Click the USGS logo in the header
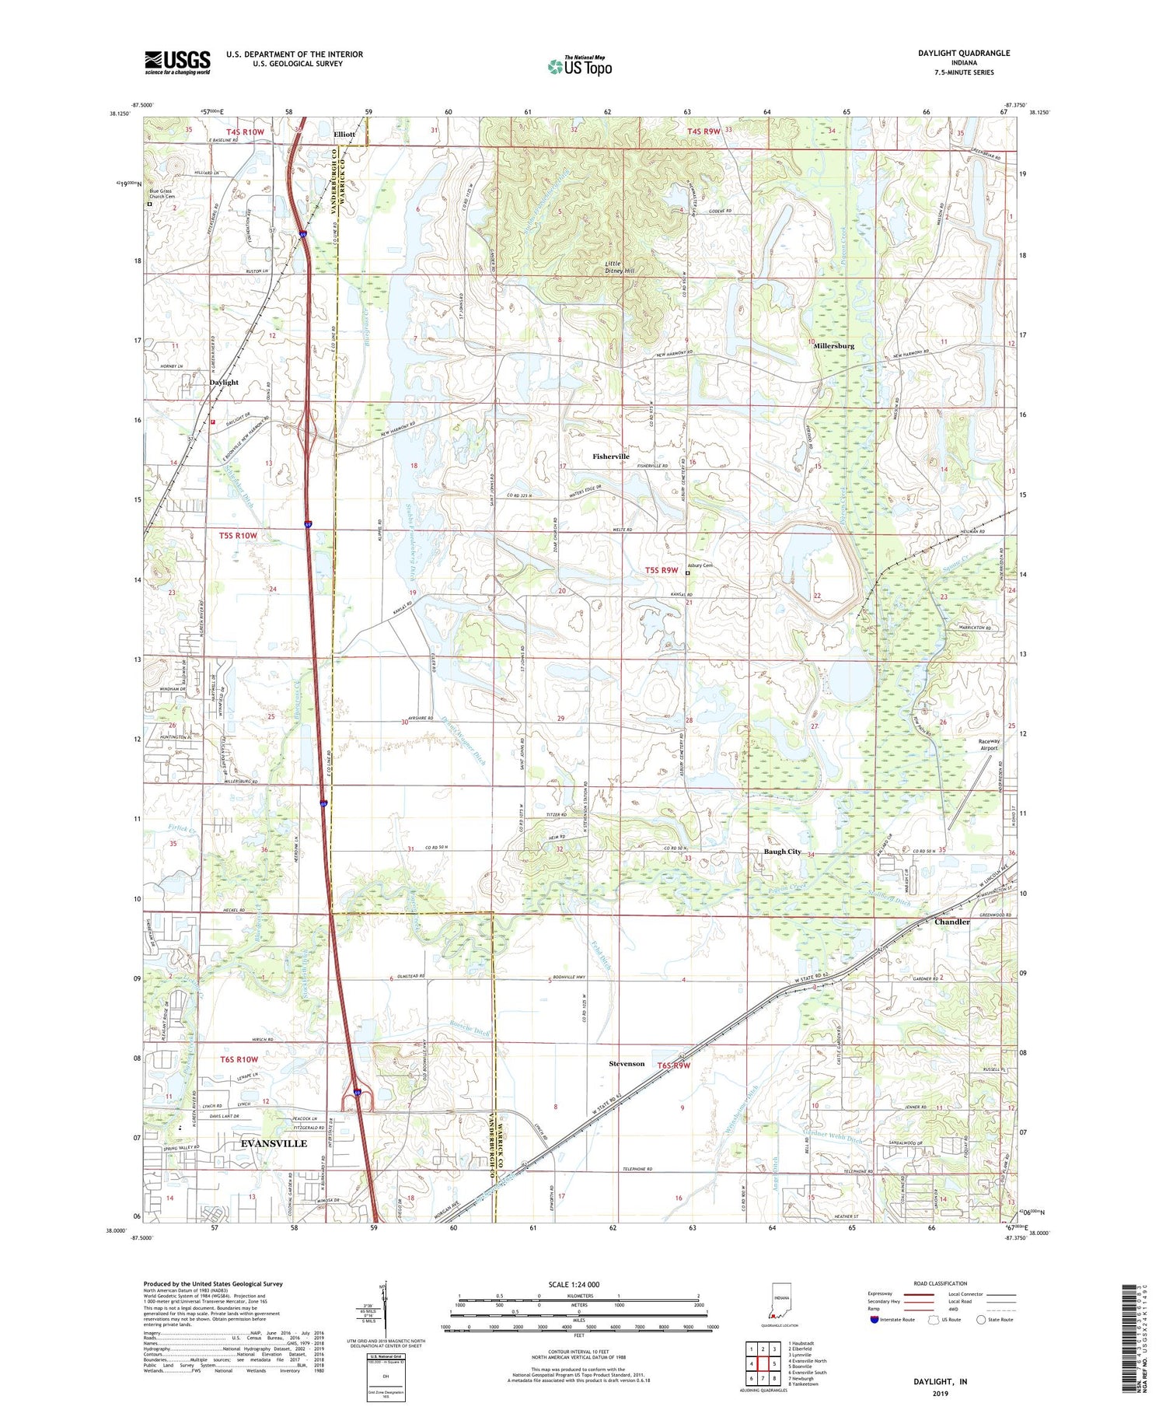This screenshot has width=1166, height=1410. click(x=177, y=62)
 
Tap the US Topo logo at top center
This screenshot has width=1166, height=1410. click(x=579, y=67)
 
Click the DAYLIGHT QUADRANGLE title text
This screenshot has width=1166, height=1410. click(x=963, y=53)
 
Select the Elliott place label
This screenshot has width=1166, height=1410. click(x=344, y=135)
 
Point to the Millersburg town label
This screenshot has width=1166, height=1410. click(x=833, y=345)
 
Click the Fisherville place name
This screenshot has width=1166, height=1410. click(x=610, y=457)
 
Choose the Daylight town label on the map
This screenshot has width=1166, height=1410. click(x=224, y=383)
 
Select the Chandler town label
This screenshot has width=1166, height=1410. click(x=951, y=922)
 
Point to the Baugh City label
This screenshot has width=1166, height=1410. click(x=782, y=852)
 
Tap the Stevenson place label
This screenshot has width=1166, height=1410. click(x=626, y=1063)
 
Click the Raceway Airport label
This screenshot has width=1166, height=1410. click(x=989, y=745)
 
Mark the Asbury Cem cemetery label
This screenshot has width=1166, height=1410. click(x=700, y=565)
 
